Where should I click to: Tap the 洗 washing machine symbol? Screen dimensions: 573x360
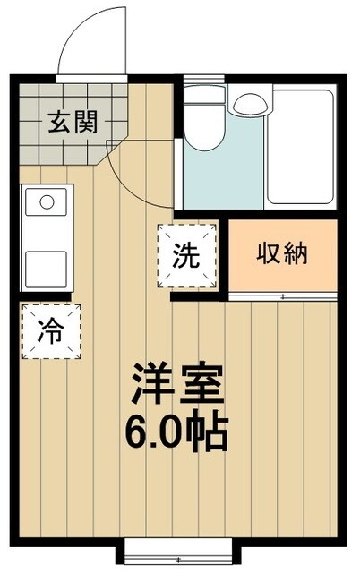(x=187, y=256)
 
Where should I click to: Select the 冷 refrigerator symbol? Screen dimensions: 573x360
(x=50, y=334)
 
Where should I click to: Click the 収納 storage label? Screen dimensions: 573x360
(x=283, y=254)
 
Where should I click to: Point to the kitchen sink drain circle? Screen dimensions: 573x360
(x=47, y=201)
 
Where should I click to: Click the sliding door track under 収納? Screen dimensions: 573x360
(x=283, y=295)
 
